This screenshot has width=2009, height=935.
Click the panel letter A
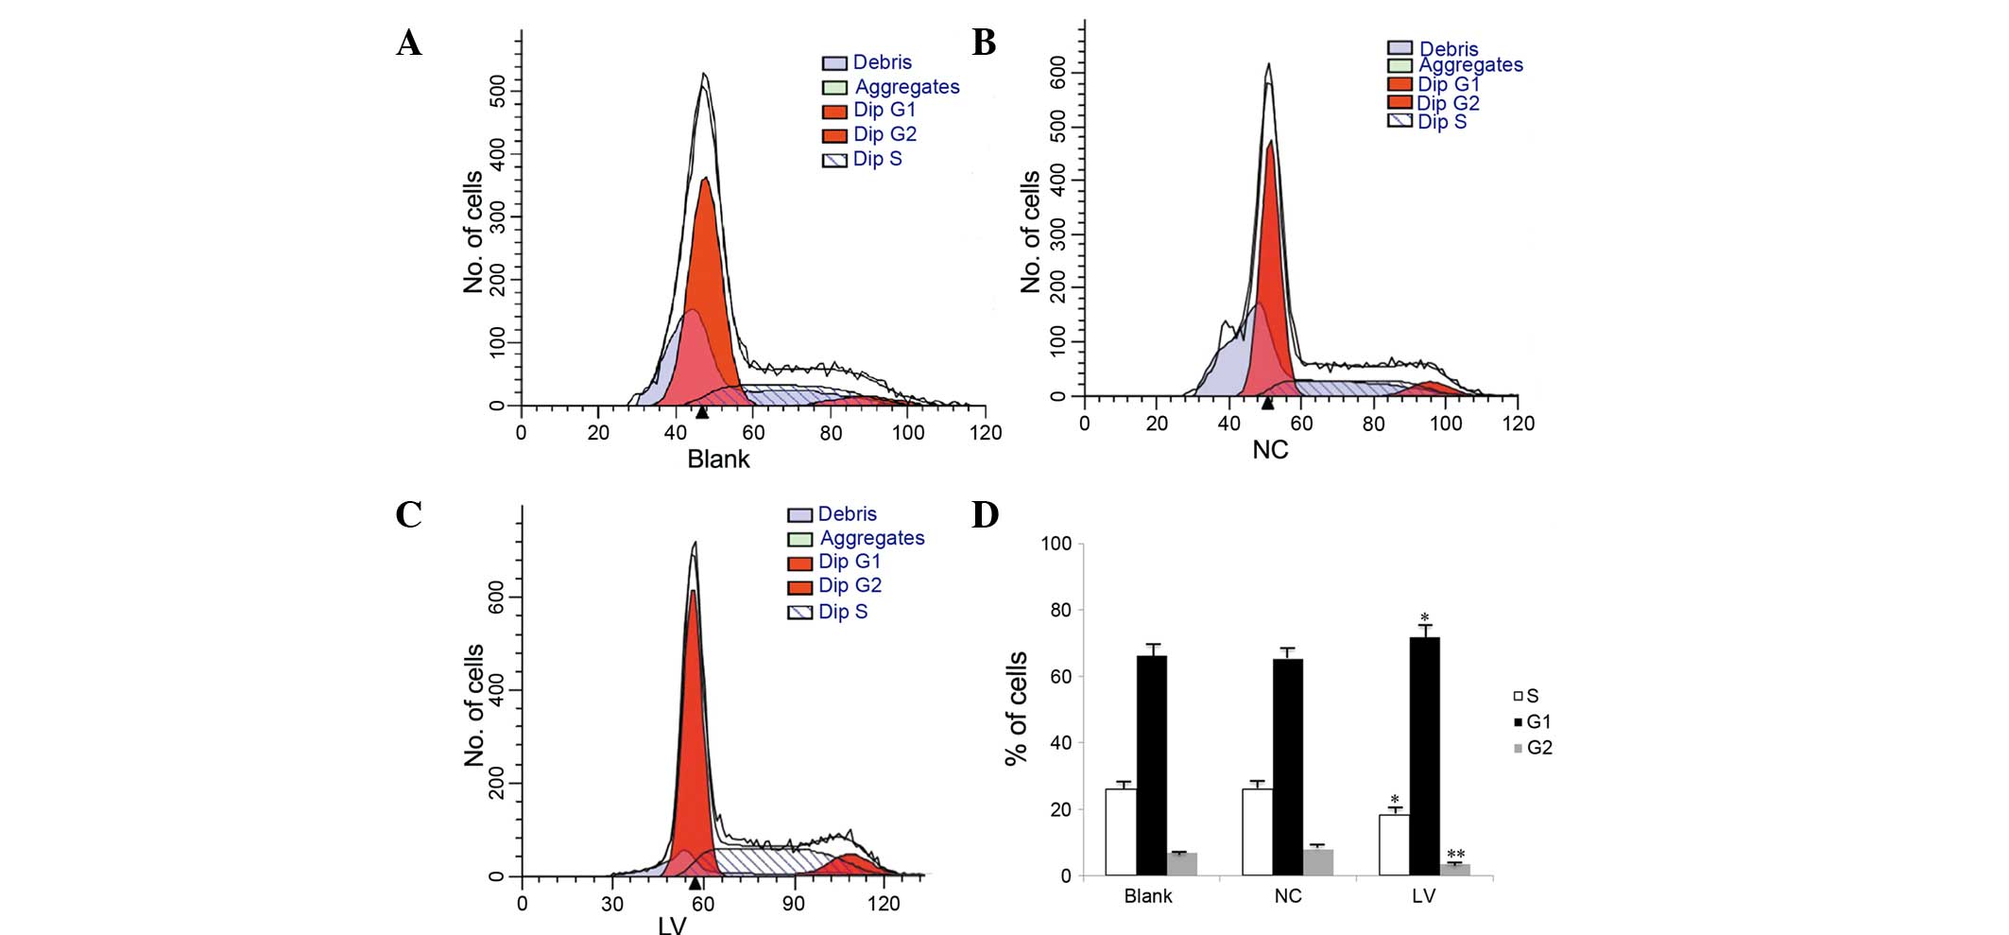click(408, 43)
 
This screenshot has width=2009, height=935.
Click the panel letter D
click(985, 515)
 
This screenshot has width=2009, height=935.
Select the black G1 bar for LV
click(1424, 756)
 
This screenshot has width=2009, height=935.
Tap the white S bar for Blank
click(1121, 832)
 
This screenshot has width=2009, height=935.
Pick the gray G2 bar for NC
click(1318, 862)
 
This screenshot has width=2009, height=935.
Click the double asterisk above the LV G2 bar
click(1455, 855)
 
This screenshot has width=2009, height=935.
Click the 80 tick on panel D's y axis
click(1060, 611)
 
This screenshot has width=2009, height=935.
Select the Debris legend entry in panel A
click(867, 62)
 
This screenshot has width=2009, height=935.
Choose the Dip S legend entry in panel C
click(828, 612)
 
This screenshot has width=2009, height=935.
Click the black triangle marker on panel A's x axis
click(701, 412)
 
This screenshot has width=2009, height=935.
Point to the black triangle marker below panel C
click(695, 884)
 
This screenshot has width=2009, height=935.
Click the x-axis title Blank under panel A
click(718, 459)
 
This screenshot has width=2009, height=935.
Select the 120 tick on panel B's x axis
click(1518, 424)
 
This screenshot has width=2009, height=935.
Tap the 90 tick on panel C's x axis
click(793, 903)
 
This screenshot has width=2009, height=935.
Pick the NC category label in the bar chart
click(1287, 896)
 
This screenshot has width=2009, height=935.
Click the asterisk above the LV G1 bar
click(1424, 619)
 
